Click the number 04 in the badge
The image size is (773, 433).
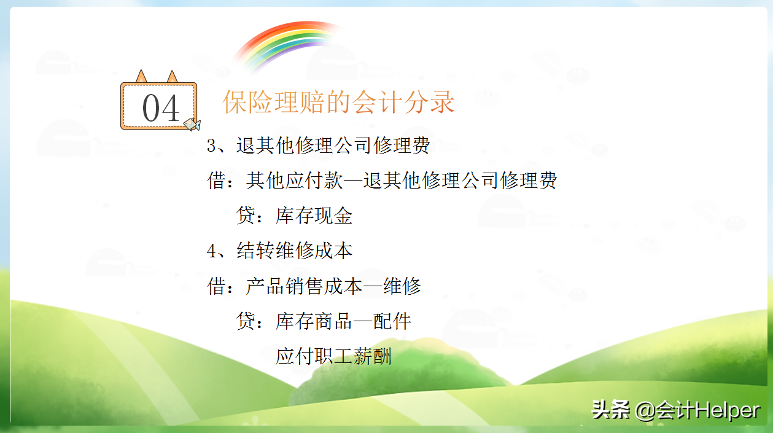[161, 109]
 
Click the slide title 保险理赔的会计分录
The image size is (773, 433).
[338, 103]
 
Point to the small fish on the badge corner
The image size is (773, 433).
[192, 124]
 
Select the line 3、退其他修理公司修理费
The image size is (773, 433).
[318, 146]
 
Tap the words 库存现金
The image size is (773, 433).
[314, 216]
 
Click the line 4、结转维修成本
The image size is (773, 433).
[279, 251]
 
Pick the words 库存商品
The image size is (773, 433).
[314, 321]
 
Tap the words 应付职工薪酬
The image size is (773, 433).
[333, 356]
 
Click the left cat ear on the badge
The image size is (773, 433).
[142, 76]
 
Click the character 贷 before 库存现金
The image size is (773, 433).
[246, 216]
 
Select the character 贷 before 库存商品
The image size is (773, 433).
[246, 321]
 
